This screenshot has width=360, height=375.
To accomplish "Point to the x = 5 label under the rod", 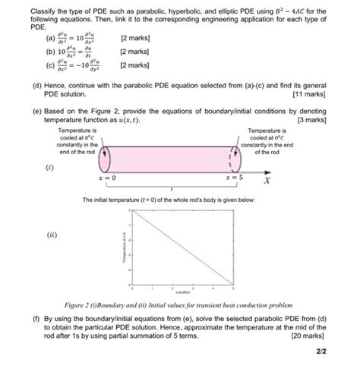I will (x=234, y=178).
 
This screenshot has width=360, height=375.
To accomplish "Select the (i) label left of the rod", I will (x=49, y=166).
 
